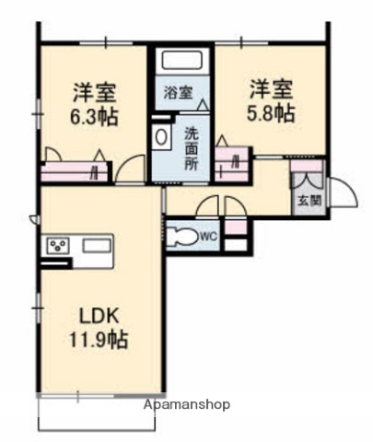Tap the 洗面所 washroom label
coord(191,147)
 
